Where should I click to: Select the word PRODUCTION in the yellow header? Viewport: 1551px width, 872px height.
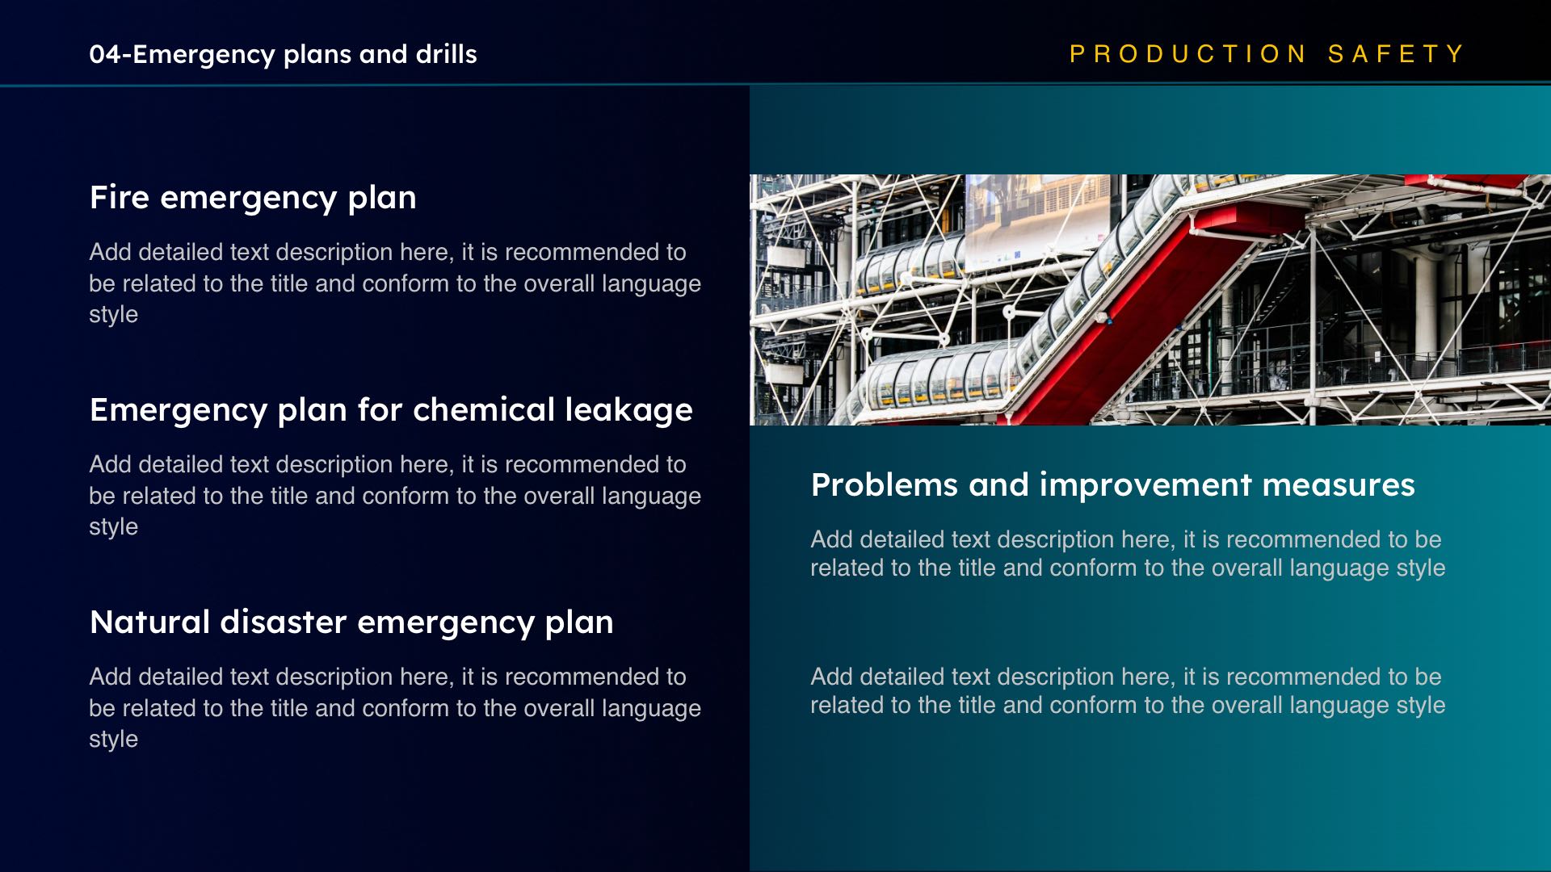coord(1187,54)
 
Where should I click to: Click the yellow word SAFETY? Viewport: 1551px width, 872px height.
coord(1396,54)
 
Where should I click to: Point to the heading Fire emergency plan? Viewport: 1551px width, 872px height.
coord(253,198)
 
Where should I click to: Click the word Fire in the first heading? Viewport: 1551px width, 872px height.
coord(120,197)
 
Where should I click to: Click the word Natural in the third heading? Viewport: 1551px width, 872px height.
coord(150,622)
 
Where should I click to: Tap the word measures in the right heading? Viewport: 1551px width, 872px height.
coord(1339,485)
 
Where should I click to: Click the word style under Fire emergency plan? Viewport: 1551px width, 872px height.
coord(113,315)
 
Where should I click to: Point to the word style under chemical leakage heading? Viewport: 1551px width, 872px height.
coord(113,527)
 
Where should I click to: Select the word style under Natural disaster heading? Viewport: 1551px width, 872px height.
coord(113,740)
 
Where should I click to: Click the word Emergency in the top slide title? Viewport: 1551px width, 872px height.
coord(204,55)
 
